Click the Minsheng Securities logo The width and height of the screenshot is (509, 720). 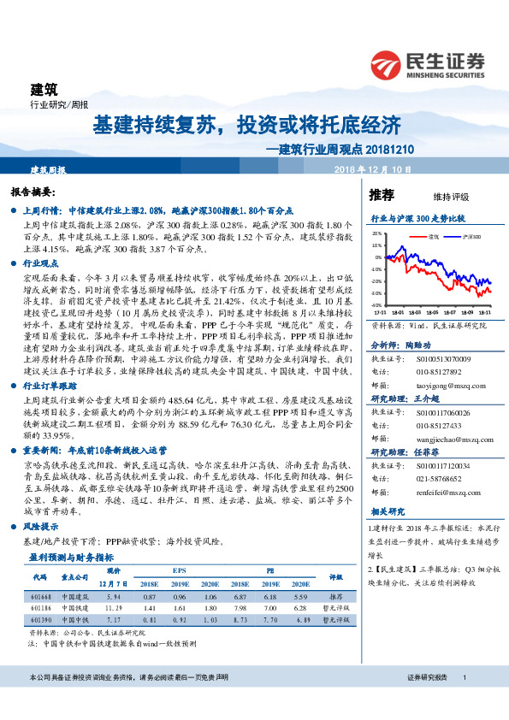pyautogui.click(x=428, y=62)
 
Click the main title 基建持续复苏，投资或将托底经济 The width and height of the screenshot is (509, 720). pyautogui.click(x=246, y=125)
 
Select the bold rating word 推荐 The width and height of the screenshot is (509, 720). pyautogui.click(x=382, y=195)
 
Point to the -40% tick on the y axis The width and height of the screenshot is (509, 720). pyautogui.click(x=376, y=304)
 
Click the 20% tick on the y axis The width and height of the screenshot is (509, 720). pyautogui.click(x=377, y=233)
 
